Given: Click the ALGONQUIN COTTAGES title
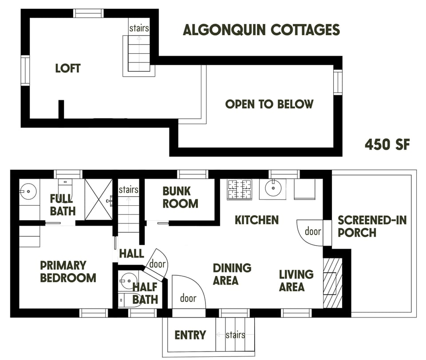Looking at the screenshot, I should pos(261,30).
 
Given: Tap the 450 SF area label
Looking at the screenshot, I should pos(387,145).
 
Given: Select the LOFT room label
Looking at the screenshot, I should pos(68,68).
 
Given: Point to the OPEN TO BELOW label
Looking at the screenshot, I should pos(269,104).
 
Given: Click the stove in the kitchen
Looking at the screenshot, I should pos(240,189).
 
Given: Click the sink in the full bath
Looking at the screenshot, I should pos(28,192).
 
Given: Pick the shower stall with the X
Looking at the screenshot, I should pos(99,200).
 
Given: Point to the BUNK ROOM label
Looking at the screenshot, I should pos(180,198).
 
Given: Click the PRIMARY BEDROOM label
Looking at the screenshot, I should pos(68,271).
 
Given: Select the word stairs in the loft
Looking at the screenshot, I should pos(139,28).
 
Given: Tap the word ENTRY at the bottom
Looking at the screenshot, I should pos(190,335).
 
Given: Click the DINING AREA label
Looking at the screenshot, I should pos(232,274).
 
